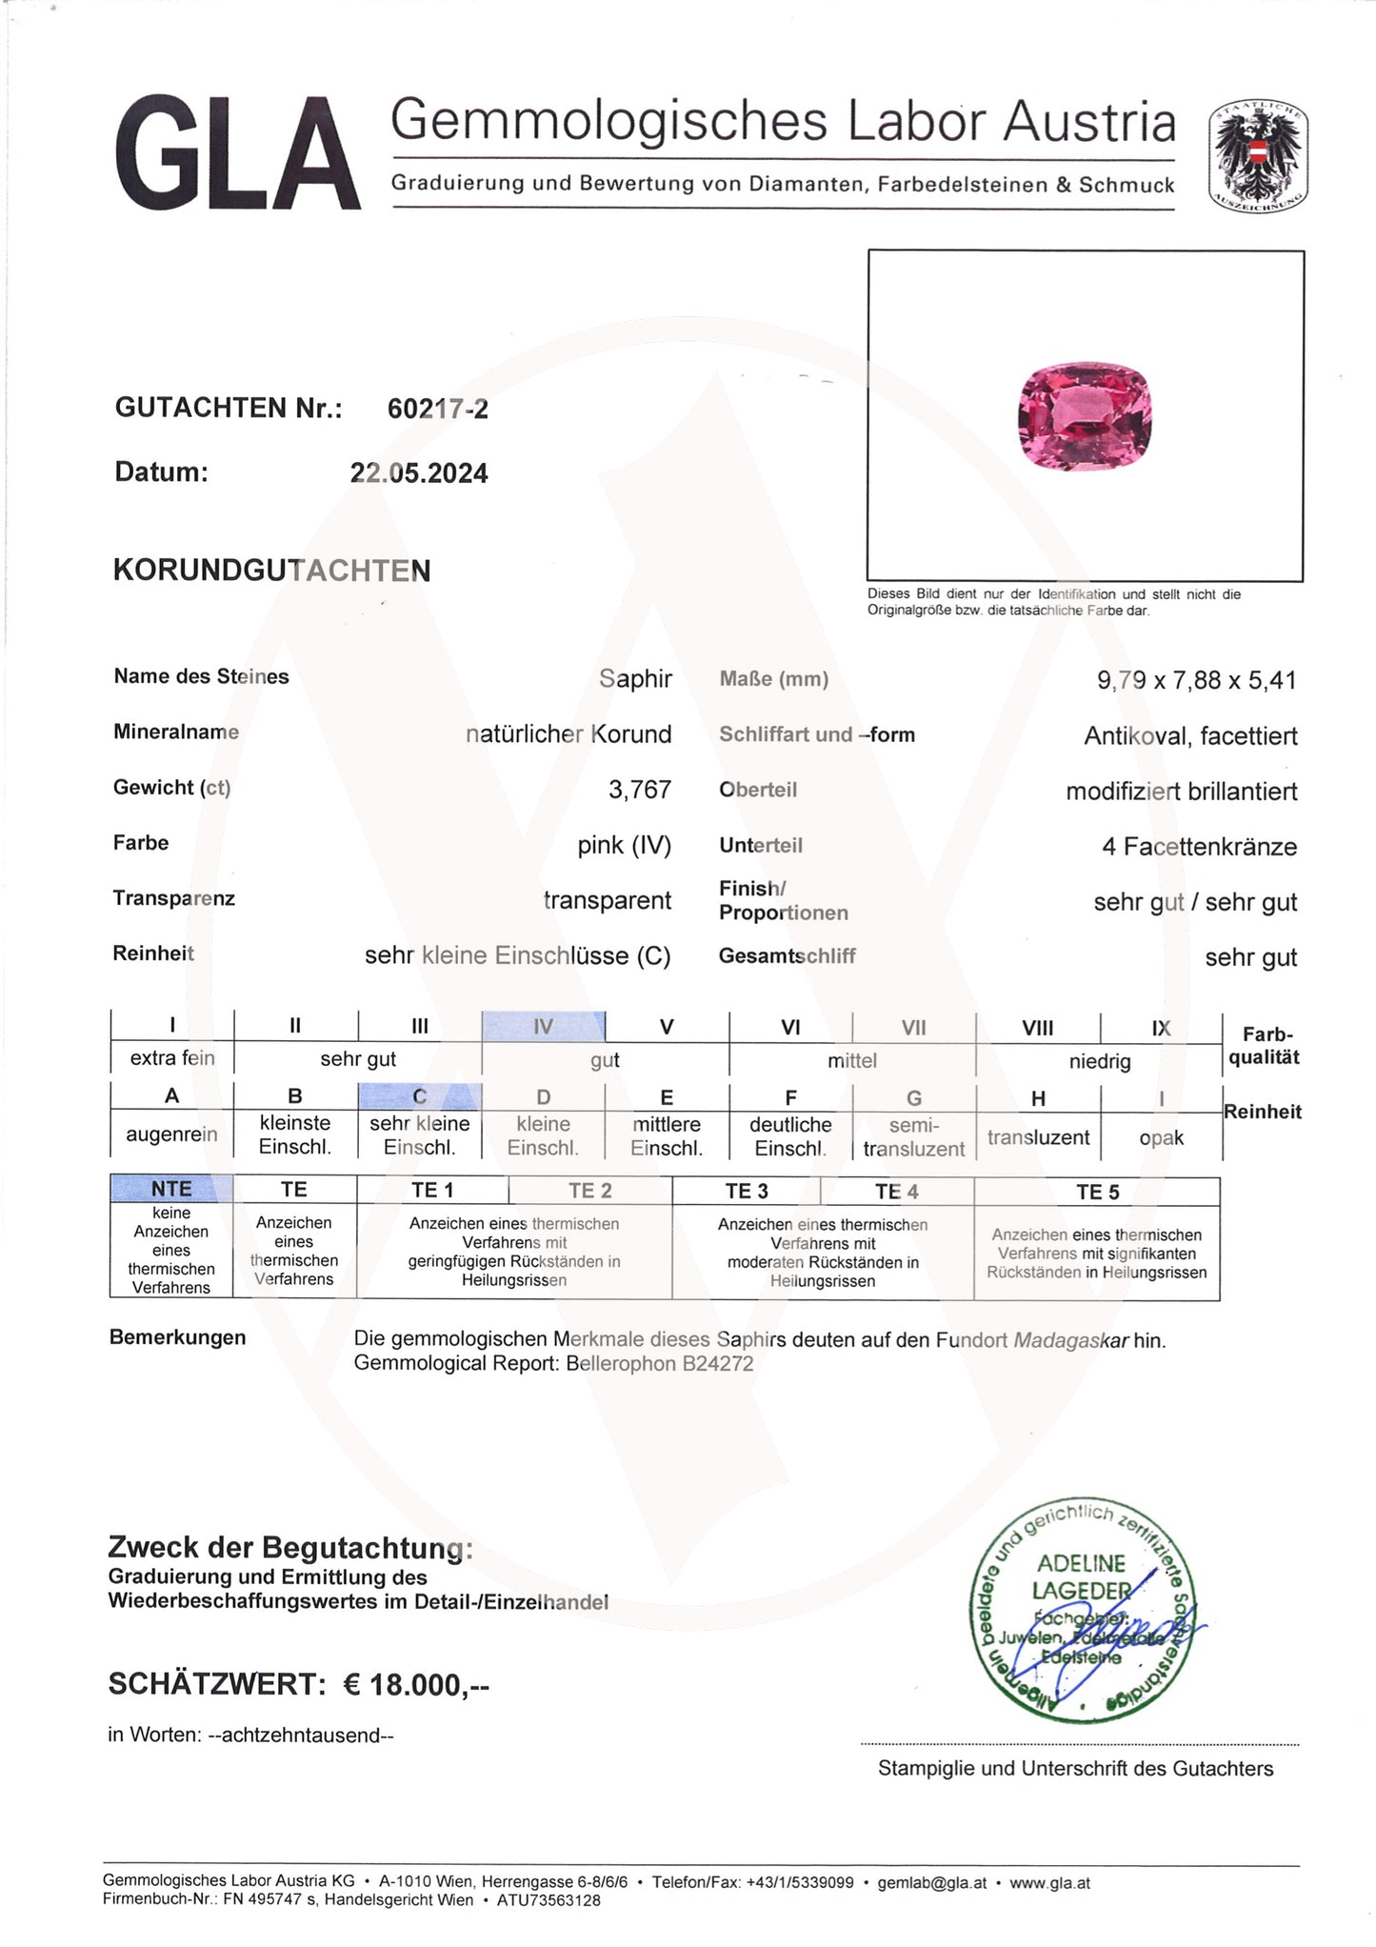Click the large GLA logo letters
(x=238, y=152)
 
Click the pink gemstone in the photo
(x=1085, y=416)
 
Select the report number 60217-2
(x=437, y=409)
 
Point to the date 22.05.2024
(x=419, y=473)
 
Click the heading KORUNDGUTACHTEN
(x=272, y=571)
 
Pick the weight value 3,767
(x=640, y=790)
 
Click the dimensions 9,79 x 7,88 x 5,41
(x=1196, y=680)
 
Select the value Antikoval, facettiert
(x=1190, y=735)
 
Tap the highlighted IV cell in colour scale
(x=543, y=1027)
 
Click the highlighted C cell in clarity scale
(x=419, y=1096)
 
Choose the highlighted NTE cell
(x=171, y=1189)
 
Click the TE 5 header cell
(x=1097, y=1192)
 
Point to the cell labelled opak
(x=1161, y=1137)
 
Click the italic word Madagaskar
(x=1070, y=1340)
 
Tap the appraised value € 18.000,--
(x=416, y=1685)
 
